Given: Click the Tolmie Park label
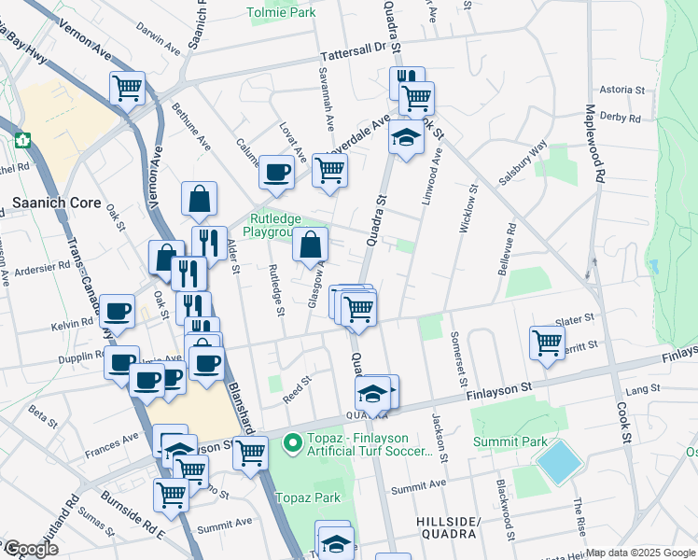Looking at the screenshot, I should tap(281, 13).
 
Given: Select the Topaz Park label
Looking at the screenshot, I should tap(314, 497).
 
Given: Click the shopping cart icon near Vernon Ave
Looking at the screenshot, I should tap(127, 89).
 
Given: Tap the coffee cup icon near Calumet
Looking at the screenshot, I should tap(276, 172).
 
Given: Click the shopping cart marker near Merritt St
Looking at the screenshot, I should tap(547, 342).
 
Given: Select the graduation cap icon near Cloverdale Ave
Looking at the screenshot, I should tap(406, 138).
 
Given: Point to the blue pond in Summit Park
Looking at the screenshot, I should tap(559, 462).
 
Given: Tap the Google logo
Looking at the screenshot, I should tap(30, 549).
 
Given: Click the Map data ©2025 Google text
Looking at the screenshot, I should tap(640, 553).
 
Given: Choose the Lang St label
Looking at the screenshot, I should tap(643, 388).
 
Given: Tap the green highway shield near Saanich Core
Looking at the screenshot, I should tap(23, 140).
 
